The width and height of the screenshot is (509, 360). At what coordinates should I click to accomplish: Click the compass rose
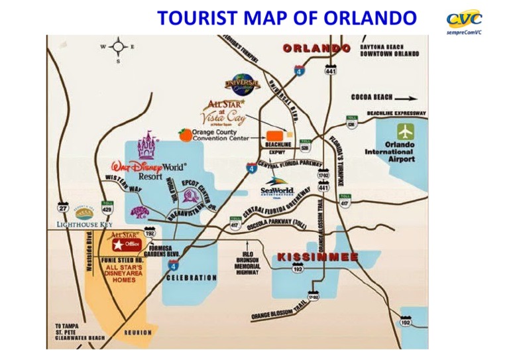119,47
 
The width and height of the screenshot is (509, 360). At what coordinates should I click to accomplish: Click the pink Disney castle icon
147,147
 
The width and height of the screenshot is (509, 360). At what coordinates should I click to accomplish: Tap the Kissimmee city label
317,256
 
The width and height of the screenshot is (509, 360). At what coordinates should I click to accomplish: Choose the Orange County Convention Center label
221,135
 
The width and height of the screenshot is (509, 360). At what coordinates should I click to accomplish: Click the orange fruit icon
184,135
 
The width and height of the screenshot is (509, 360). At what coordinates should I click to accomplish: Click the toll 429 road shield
105,207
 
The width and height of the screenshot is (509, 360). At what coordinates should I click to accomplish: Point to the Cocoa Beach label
377,97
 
